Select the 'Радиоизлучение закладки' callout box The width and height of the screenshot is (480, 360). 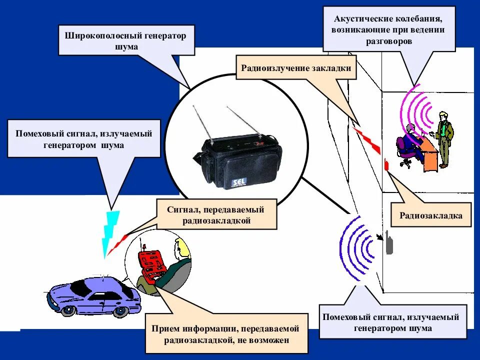pyautogui.click(x=296, y=68)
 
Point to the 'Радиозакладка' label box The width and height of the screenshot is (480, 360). pyautogui.click(x=430, y=215)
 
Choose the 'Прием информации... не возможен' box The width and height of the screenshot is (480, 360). pyautogui.click(x=227, y=334)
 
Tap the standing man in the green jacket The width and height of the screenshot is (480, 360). pyautogui.click(x=443, y=138)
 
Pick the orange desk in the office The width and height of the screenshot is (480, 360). pyautogui.click(x=430, y=155)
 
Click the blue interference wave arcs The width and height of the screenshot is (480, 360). pyautogui.click(x=357, y=247)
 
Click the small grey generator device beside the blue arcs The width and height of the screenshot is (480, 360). pyautogui.click(x=388, y=243)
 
